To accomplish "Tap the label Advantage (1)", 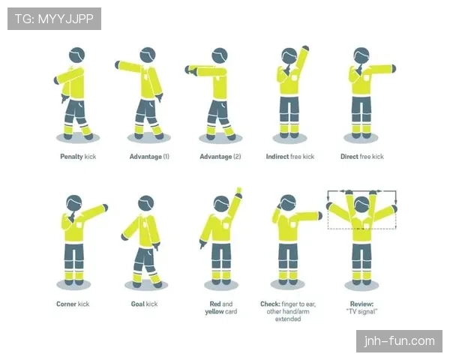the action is pyautogui.click(x=149, y=157).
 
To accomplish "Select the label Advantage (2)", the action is pyautogui.click(x=220, y=157).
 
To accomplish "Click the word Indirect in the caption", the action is pyautogui.click(x=277, y=157).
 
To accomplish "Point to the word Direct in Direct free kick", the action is pyautogui.click(x=349, y=157).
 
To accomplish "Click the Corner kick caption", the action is pyautogui.click(x=73, y=304).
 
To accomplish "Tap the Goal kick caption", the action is pyautogui.click(x=144, y=304).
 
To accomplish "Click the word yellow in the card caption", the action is pyautogui.click(x=213, y=312).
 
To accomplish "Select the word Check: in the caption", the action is pyautogui.click(x=270, y=304).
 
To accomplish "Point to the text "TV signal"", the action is pyautogui.click(x=361, y=311).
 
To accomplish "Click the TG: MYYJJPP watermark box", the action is pyautogui.click(x=54, y=19).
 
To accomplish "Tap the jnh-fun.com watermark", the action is pyautogui.click(x=399, y=341).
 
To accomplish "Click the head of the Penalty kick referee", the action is pyautogui.click(x=77, y=55).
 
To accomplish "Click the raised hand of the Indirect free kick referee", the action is pyautogui.click(x=306, y=48).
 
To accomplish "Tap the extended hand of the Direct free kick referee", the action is pyautogui.click(x=393, y=69).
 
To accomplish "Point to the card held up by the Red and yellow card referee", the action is pyautogui.click(x=238, y=190).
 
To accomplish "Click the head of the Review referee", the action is pyautogui.click(x=362, y=205).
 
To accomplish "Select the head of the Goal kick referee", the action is pyautogui.click(x=146, y=203).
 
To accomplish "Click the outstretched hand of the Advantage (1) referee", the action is pyautogui.click(x=118, y=65).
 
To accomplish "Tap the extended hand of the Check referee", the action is pyautogui.click(x=319, y=216).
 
